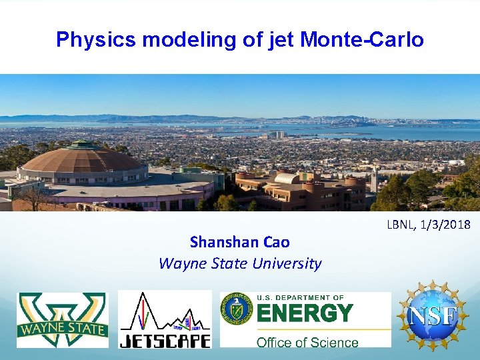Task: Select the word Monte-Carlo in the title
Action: [362, 40]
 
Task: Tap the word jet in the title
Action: [280, 40]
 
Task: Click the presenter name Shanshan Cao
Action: [240, 241]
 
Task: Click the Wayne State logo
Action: [63, 319]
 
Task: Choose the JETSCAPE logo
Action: [165, 319]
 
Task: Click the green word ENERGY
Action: [305, 312]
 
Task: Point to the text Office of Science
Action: [307, 342]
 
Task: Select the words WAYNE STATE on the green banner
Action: [63, 329]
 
